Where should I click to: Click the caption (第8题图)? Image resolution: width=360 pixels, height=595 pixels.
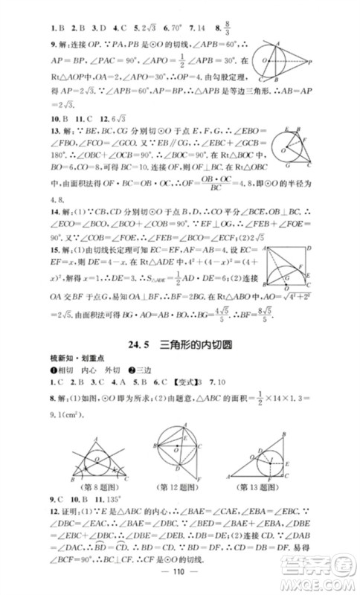coord(103,486)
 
